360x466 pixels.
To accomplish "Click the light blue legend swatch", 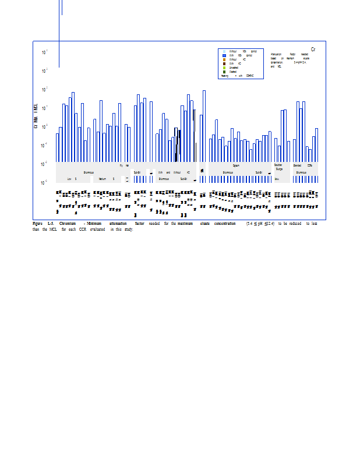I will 224,52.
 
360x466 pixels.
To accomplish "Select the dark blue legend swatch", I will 224,55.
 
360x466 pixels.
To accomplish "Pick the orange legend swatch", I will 224,59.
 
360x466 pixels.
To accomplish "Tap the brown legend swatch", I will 224,63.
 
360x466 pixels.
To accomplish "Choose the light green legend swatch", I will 224,68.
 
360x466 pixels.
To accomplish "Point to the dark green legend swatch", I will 224,72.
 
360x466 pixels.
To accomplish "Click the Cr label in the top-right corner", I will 313,50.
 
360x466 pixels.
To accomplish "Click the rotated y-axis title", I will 36,116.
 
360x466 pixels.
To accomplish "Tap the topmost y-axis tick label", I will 45,52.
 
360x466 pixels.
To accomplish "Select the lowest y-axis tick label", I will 45,183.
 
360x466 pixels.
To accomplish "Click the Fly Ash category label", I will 124,166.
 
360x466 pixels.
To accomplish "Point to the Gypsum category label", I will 236,166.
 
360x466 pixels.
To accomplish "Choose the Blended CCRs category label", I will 305,166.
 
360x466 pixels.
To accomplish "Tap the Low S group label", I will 72,179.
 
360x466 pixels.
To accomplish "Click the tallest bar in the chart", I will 204,126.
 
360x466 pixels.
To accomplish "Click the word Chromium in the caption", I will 68,224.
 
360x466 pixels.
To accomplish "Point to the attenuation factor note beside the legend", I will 289,60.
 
